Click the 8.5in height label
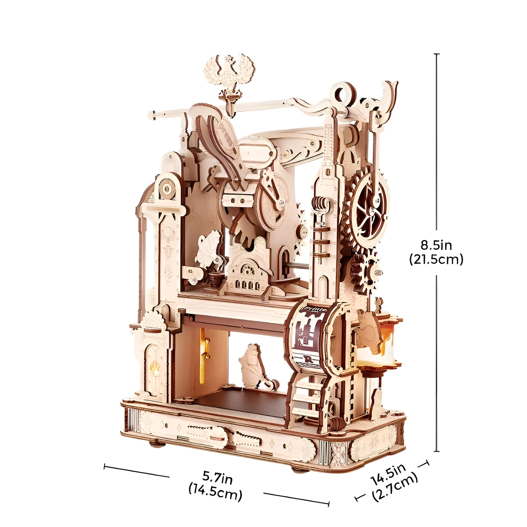(436, 245)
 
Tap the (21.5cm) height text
(436, 260)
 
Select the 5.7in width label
(217, 478)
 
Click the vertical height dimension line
(437, 252)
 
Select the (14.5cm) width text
(215, 492)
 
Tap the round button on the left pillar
(168, 188)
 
